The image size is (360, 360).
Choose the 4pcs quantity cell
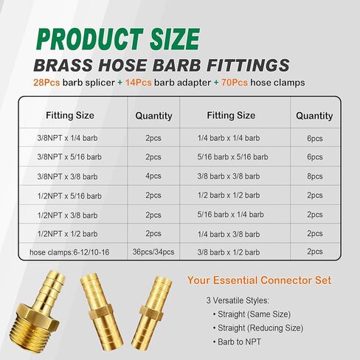coord(153,176)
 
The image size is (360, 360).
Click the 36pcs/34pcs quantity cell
coord(153,252)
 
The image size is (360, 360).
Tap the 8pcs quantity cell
coord(314,176)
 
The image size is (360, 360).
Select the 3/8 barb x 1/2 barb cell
coord(229,252)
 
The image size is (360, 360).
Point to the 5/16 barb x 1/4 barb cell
coord(229,214)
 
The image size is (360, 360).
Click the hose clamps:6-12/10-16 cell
coord(70,252)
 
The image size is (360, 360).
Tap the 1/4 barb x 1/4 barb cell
coord(229,137)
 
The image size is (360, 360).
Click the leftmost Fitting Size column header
coord(69,116)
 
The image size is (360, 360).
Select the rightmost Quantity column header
coord(314,116)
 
